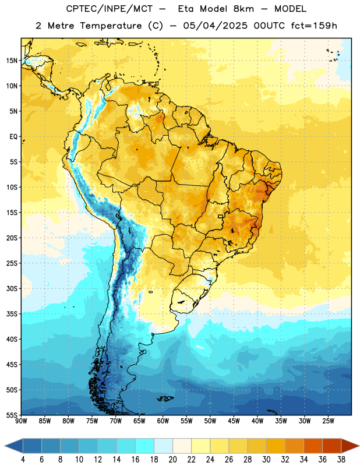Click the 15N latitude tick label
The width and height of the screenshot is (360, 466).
pyautogui.click(x=12, y=61)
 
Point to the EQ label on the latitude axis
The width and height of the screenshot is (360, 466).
pyautogui.click(x=13, y=137)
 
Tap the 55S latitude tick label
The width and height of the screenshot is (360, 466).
pyautogui.click(x=12, y=415)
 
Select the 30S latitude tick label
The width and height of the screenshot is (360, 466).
pyautogui.click(x=12, y=288)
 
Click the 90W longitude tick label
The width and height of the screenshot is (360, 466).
pyautogui.click(x=21, y=421)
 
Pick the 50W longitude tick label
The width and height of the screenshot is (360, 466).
pyautogui.click(x=210, y=421)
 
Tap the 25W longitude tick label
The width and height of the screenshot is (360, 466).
pyautogui.click(x=328, y=421)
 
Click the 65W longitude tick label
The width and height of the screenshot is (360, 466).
pyautogui.click(x=139, y=421)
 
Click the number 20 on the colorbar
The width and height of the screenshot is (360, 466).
pyautogui.click(x=172, y=460)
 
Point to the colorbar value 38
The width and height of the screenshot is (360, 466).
pyautogui.click(x=341, y=460)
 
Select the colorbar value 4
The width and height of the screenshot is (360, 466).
pyautogui.click(x=23, y=460)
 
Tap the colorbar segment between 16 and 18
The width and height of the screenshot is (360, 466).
pyautogui.click(x=145, y=446)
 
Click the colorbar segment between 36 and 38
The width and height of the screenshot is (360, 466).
pyautogui.click(x=332, y=446)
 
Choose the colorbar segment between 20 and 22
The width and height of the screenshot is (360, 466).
pyautogui.click(x=182, y=446)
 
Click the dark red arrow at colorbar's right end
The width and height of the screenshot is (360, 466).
pyautogui.click(x=350, y=446)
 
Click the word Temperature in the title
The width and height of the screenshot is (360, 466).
pyautogui.click(x=111, y=26)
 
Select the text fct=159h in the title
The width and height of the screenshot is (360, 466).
pyautogui.click(x=314, y=26)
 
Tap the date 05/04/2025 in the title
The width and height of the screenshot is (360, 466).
pyautogui.click(x=215, y=26)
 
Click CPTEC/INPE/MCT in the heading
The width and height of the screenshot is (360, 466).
pyautogui.click(x=110, y=9)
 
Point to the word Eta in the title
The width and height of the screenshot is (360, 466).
pyautogui.click(x=186, y=9)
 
